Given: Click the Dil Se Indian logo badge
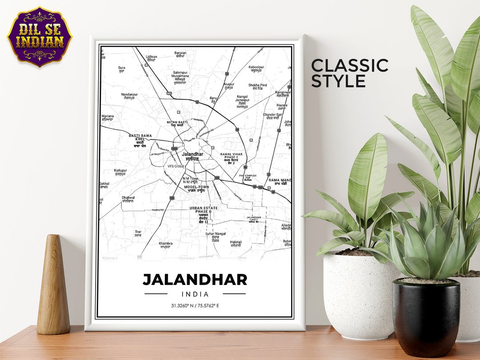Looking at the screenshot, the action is tap(40, 36).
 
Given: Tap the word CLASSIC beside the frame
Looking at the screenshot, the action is tap(349, 65).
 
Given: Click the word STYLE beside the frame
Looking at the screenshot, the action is tap(338, 81).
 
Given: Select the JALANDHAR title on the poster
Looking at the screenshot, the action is tap(195, 280).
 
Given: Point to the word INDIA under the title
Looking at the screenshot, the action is tap(195, 294).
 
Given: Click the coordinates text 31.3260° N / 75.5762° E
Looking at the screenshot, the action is tap(195, 306).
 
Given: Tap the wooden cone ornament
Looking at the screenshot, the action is tap(53, 285).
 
